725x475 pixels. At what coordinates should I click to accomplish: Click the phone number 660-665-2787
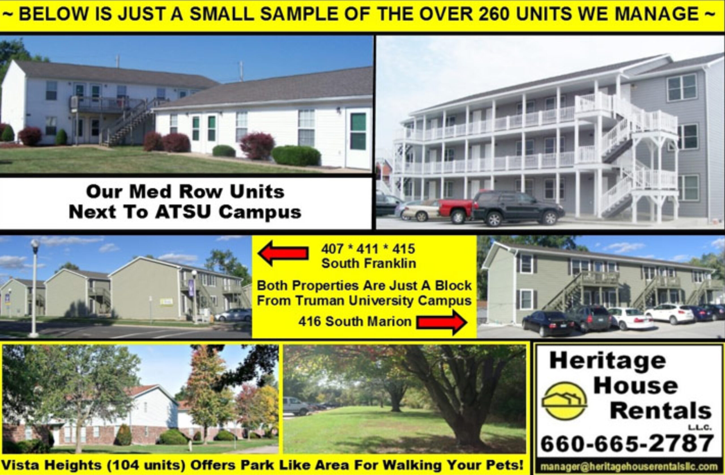pos(627,443)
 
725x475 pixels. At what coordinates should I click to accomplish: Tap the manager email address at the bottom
pos(628,467)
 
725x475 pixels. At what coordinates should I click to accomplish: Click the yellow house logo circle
pos(564,401)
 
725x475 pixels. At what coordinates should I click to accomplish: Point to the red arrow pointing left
pos(283,253)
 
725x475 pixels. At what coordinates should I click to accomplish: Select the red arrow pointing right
pos(442,322)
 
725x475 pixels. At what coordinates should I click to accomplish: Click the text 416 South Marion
pos(355,321)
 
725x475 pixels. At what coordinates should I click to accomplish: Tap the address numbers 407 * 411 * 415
pos(368,249)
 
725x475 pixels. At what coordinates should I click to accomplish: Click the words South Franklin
pos(369,263)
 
